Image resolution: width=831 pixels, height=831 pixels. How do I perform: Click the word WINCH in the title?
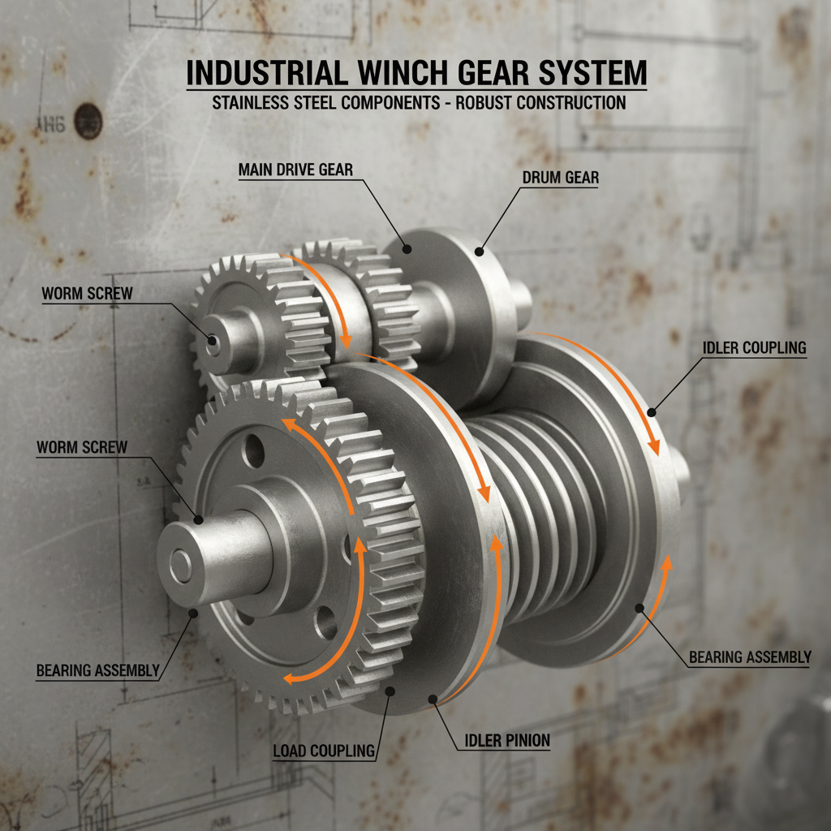388,74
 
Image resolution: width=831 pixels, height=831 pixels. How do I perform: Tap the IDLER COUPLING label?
754,348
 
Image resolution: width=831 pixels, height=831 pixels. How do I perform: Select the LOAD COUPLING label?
324,751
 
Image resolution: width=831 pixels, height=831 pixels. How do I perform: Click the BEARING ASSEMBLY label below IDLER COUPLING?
750,657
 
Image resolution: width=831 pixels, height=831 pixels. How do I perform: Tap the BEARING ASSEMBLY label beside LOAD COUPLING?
97,670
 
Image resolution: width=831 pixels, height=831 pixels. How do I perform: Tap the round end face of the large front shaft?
180,566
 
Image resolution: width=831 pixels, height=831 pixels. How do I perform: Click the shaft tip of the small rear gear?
213,343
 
